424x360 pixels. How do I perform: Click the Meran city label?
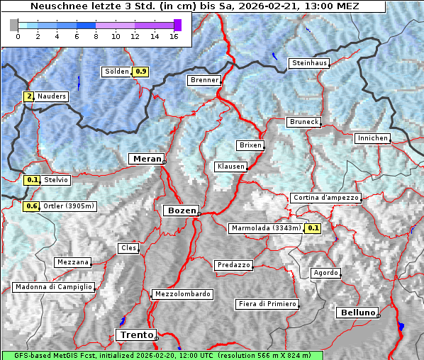point(147,158)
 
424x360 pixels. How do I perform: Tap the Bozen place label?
point(181,210)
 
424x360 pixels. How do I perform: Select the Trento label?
point(135,334)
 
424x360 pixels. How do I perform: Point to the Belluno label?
point(357,313)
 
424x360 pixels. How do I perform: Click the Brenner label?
point(204,80)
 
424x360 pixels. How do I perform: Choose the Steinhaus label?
point(309,63)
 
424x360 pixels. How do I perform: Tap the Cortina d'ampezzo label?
point(325,198)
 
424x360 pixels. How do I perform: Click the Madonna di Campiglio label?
point(53,287)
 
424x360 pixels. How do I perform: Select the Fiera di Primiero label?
point(267,304)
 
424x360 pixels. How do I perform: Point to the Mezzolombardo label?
point(182,294)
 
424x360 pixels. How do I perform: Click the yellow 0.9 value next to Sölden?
point(141,72)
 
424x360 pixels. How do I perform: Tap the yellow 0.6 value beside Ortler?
point(31,206)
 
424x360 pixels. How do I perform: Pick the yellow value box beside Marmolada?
point(313,228)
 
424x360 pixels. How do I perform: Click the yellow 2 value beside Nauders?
point(29,96)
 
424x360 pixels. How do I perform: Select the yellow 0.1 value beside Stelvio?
point(32,180)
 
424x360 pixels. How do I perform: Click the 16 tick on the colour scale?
point(174,36)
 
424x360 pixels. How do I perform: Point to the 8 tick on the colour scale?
point(96,36)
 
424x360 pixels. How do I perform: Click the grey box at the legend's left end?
point(13,25)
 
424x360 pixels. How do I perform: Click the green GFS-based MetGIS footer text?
point(162,355)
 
